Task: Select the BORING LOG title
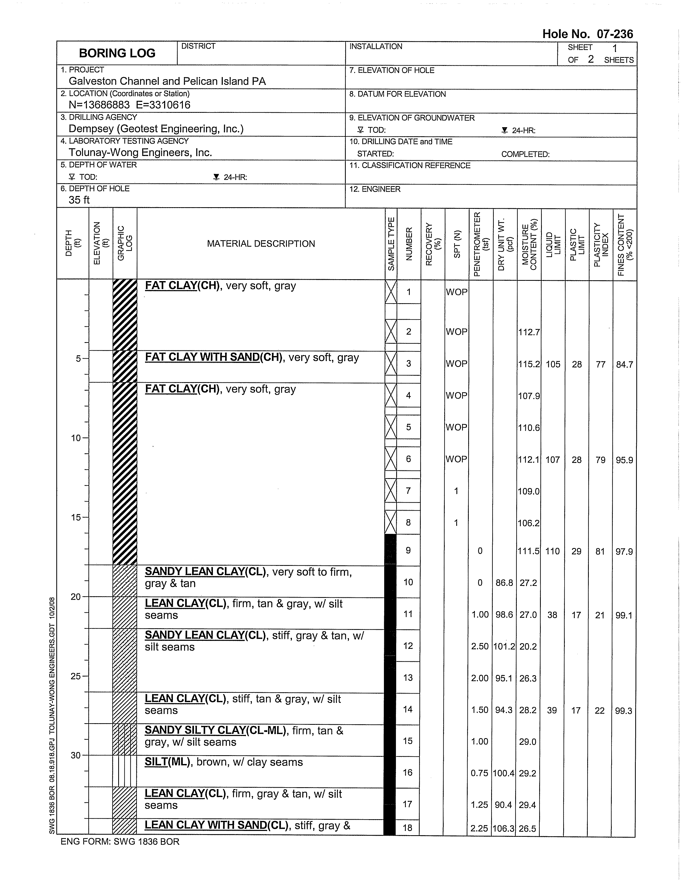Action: coord(117,53)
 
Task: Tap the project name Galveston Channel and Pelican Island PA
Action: coord(167,81)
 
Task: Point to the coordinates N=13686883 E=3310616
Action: coord(129,105)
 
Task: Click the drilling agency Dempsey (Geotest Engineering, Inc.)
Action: coord(156,129)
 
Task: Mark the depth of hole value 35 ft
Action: coord(79,200)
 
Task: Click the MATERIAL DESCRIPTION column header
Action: coord(261,244)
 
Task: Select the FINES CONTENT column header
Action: coord(625,245)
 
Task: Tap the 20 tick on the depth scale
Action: coord(76,597)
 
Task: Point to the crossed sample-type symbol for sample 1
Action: coord(391,292)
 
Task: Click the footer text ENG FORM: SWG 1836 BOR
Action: coord(120,841)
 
